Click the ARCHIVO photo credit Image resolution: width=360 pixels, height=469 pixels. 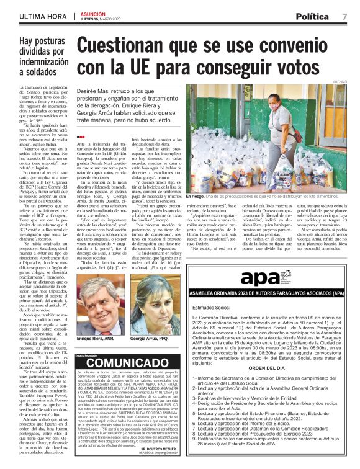[x=339, y=81]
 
